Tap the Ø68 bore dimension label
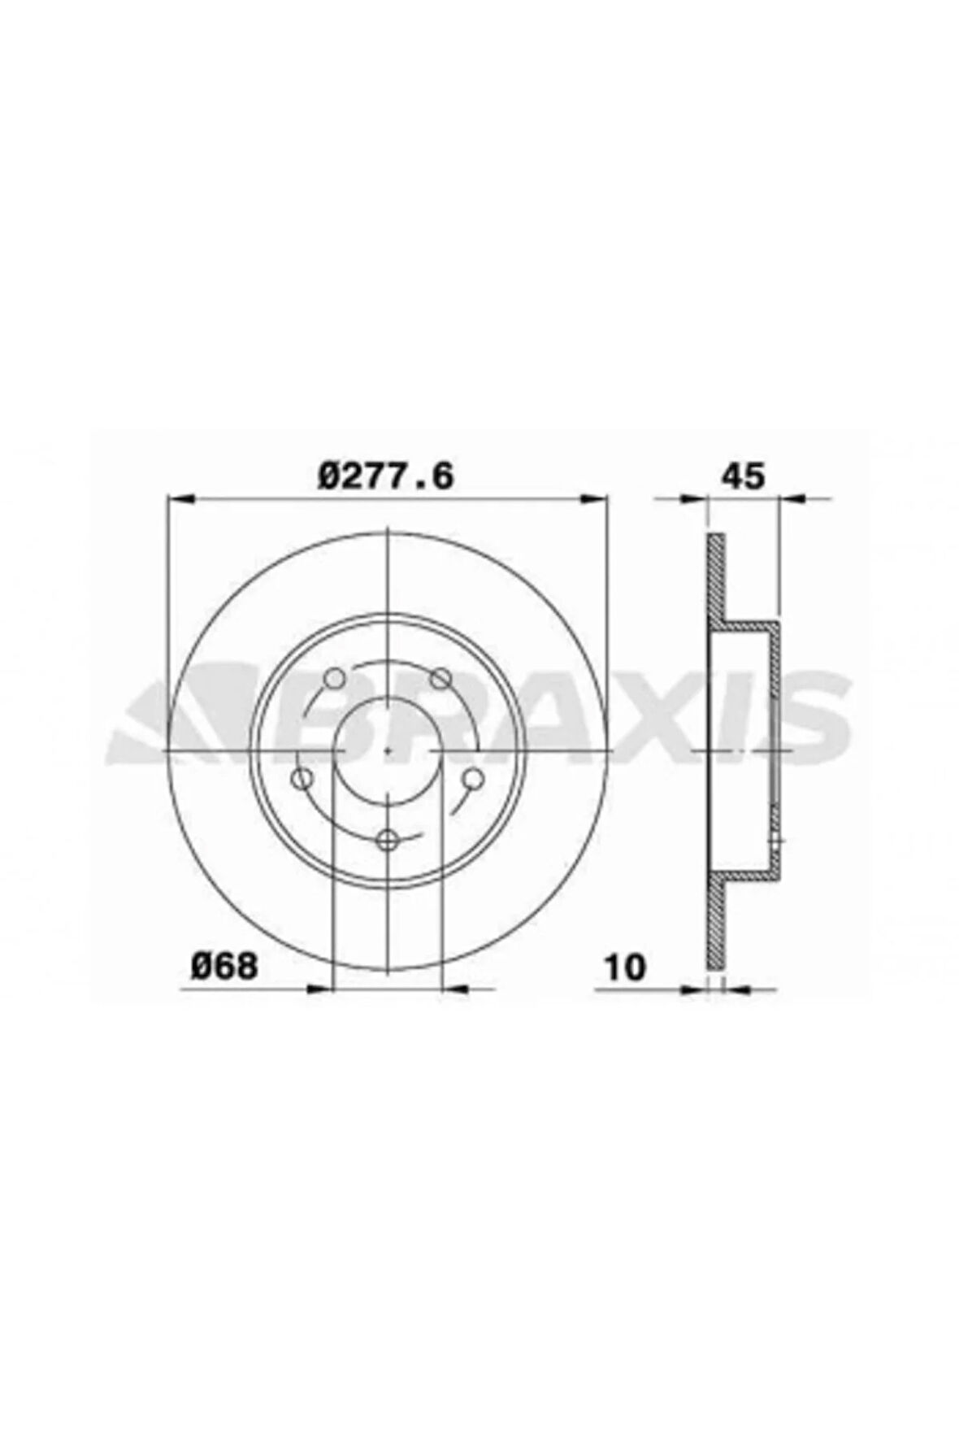click(225, 967)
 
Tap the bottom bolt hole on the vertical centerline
click(388, 839)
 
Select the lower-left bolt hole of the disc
click(302, 779)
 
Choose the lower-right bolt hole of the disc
click(473, 779)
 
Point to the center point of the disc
click(388, 749)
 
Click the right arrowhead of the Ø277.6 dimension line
click(596, 497)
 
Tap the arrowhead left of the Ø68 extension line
click(322, 989)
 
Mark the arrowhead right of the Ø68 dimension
click(455, 989)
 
